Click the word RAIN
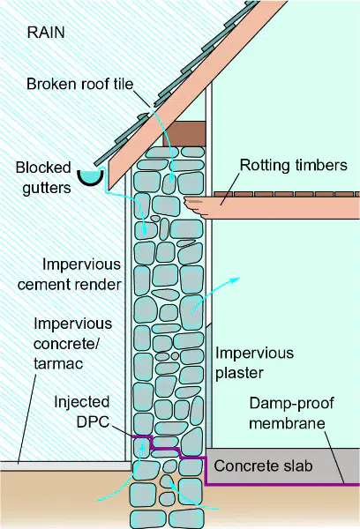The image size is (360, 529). (x=46, y=33)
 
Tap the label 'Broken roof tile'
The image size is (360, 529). (x=80, y=84)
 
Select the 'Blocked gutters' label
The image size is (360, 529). (x=43, y=178)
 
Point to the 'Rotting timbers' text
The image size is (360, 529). (x=294, y=166)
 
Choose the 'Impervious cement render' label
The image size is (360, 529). (x=69, y=274)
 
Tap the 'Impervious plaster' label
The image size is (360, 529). (x=255, y=363)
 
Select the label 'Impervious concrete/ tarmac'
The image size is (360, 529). (x=73, y=344)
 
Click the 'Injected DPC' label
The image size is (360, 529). (x=82, y=412)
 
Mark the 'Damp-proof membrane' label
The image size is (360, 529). (x=292, y=414)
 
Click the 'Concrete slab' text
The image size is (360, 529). (x=263, y=466)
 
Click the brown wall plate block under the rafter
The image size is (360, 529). (x=185, y=134)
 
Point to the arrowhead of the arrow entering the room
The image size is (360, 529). (x=236, y=279)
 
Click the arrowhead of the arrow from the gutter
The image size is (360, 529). (x=144, y=231)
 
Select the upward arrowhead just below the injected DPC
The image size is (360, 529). (x=143, y=444)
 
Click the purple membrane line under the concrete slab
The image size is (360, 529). (x=282, y=485)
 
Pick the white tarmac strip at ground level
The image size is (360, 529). (x=65, y=466)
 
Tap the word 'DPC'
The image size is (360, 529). (x=93, y=422)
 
